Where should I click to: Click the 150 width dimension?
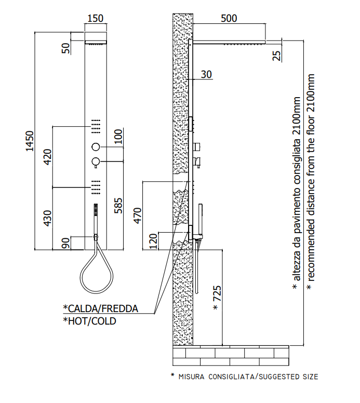point(96,18)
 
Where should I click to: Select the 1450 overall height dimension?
point(30,141)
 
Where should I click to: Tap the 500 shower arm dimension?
point(229,18)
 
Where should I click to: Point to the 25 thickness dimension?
point(276,56)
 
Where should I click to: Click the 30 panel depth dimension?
point(206,74)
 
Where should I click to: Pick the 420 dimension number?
point(48,157)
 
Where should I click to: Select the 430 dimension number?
point(48,219)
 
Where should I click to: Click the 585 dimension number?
point(118,205)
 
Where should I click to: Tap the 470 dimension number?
point(138,216)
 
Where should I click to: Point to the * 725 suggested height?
point(217,298)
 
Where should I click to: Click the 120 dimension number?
point(153,241)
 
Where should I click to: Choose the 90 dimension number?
point(66,243)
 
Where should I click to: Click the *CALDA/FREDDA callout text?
point(101,308)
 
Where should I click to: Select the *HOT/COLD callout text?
point(89,321)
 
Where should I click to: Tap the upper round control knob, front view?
point(96,147)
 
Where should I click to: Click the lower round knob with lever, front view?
point(96,162)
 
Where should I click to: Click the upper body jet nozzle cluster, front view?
point(96,126)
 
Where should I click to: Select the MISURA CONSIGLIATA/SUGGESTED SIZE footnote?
point(245,377)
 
